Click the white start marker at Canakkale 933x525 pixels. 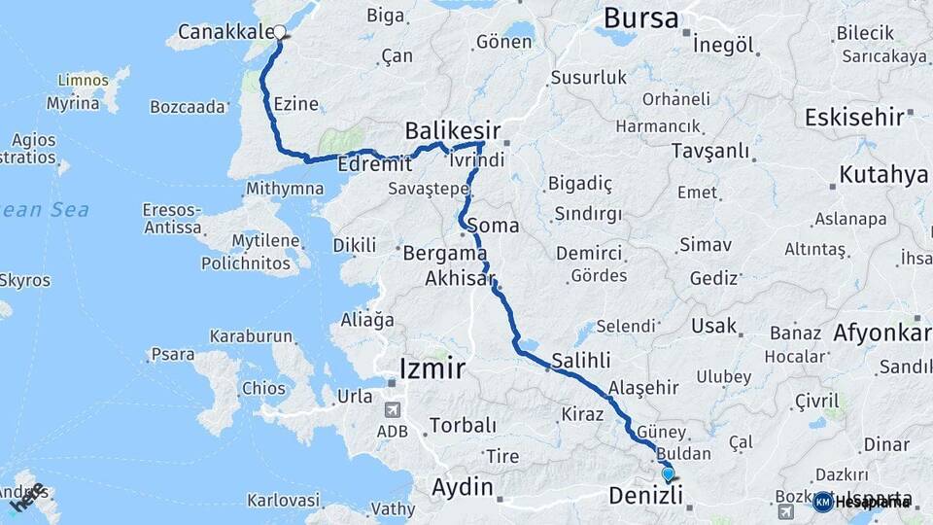[x=280, y=32]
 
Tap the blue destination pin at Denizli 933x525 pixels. [x=668, y=473]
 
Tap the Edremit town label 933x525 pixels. [x=368, y=165]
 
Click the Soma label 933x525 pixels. [x=493, y=226]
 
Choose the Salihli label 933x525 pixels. [x=580, y=359]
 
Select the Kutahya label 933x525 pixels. [x=883, y=175]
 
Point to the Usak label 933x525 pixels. [x=714, y=326]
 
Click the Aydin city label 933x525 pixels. [x=463, y=486]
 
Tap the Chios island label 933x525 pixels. [x=263, y=388]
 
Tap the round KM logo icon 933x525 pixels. [x=823, y=502]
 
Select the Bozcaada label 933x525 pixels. [x=189, y=107]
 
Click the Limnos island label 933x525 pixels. [x=83, y=80]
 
